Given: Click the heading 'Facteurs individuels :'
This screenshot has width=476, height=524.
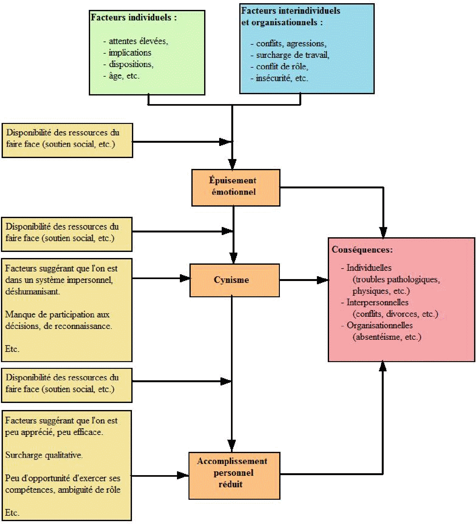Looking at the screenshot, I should coord(134,18).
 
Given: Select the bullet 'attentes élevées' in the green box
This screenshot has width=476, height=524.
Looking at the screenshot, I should coord(138,41).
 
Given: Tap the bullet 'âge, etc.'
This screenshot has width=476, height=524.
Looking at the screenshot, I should coord(124,76).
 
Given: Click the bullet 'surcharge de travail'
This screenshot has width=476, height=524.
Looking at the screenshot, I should coord(292,55).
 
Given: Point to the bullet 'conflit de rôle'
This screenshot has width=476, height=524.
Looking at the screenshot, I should coord(282,67).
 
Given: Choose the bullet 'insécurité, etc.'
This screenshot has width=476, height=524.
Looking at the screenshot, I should coord(282,78).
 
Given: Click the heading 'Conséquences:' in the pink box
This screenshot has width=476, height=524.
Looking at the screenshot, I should coord(362,250).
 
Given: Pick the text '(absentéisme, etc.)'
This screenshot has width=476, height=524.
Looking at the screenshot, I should coord(387,337).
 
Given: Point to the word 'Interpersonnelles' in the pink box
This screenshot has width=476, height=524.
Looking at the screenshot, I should coord(377,302).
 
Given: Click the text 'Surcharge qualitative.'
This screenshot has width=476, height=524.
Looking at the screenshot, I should coord(44,455).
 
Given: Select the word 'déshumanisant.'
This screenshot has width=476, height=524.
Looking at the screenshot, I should coord(33,292).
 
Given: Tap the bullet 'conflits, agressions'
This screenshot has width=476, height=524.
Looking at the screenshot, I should coord(291,44).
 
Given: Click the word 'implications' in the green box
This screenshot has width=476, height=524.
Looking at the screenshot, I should coord(130,53).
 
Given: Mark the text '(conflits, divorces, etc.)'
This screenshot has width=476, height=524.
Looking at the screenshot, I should coord(395,314).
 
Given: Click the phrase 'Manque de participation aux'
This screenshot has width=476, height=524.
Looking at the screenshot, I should coord(57,315).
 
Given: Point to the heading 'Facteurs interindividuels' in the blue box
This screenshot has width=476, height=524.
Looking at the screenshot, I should coord(290,11).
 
